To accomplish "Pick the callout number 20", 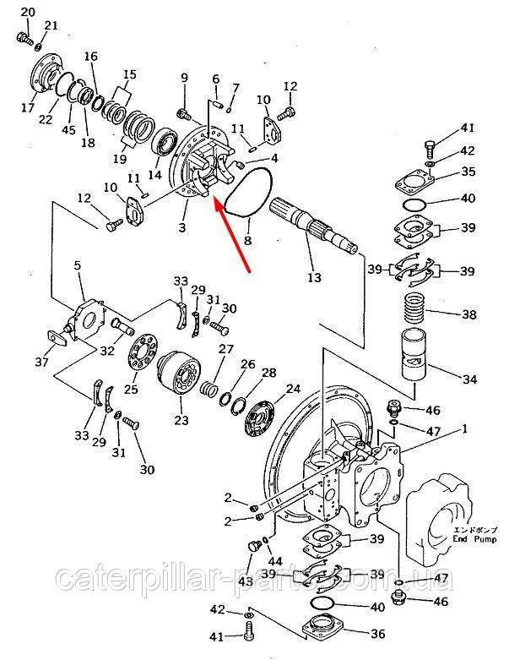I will (x=27, y=11).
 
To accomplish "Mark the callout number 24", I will (x=293, y=390).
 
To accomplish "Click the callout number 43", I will (x=245, y=581).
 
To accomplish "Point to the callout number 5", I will (x=77, y=266).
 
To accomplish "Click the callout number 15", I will (x=128, y=75).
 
